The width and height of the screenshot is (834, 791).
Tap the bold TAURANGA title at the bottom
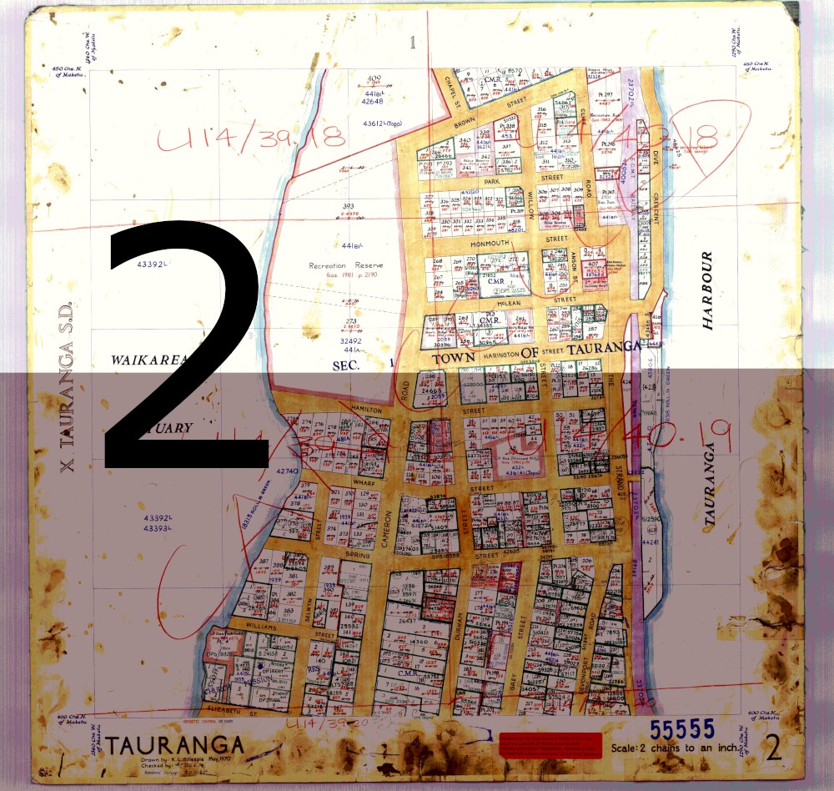click(x=174, y=745)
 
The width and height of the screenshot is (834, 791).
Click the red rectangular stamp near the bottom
click(x=549, y=745)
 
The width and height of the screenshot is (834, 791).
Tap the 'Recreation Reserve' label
click(x=346, y=265)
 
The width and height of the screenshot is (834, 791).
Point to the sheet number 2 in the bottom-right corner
click(x=774, y=748)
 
